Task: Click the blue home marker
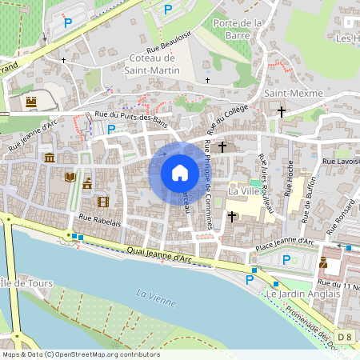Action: click(x=180, y=172)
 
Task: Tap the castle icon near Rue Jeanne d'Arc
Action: click(x=31, y=102)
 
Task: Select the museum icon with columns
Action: click(x=50, y=158)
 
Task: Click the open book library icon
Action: click(x=70, y=177)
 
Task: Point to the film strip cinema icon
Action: click(x=102, y=202)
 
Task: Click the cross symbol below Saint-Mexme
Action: click(x=281, y=110)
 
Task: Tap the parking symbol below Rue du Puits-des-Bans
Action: click(x=111, y=129)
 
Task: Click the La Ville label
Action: click(x=244, y=192)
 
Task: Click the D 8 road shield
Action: click(x=344, y=338)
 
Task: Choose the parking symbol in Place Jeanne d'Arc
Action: click(x=287, y=259)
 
